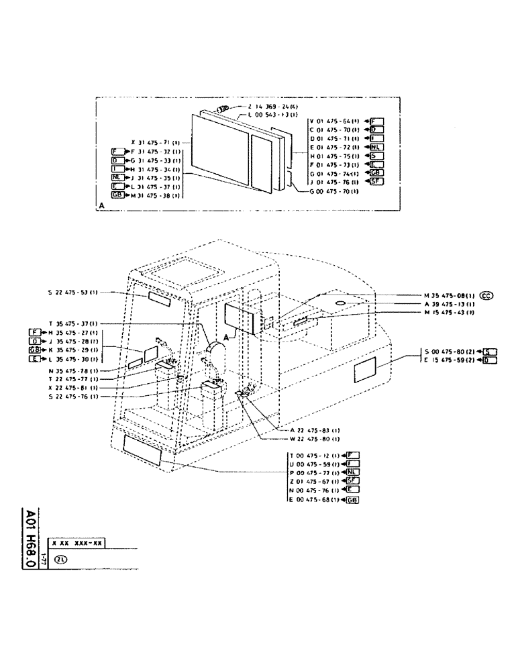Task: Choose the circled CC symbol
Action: [x=488, y=295]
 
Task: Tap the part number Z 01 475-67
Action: [x=312, y=482]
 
